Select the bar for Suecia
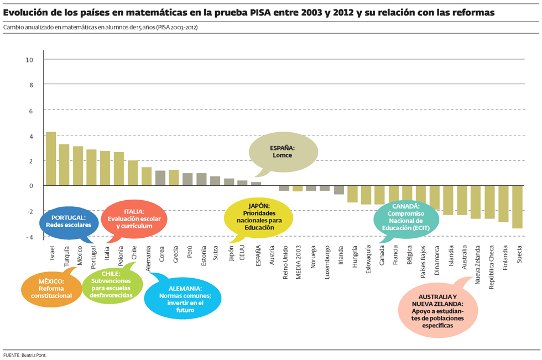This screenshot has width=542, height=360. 517,207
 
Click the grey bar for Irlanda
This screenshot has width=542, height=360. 339,190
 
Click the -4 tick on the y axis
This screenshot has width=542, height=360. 29,237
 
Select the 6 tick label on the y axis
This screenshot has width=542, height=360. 31,111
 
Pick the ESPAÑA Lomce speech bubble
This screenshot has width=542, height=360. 282,152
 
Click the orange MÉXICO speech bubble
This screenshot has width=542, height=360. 51,289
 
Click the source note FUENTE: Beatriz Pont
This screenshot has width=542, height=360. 25,354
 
